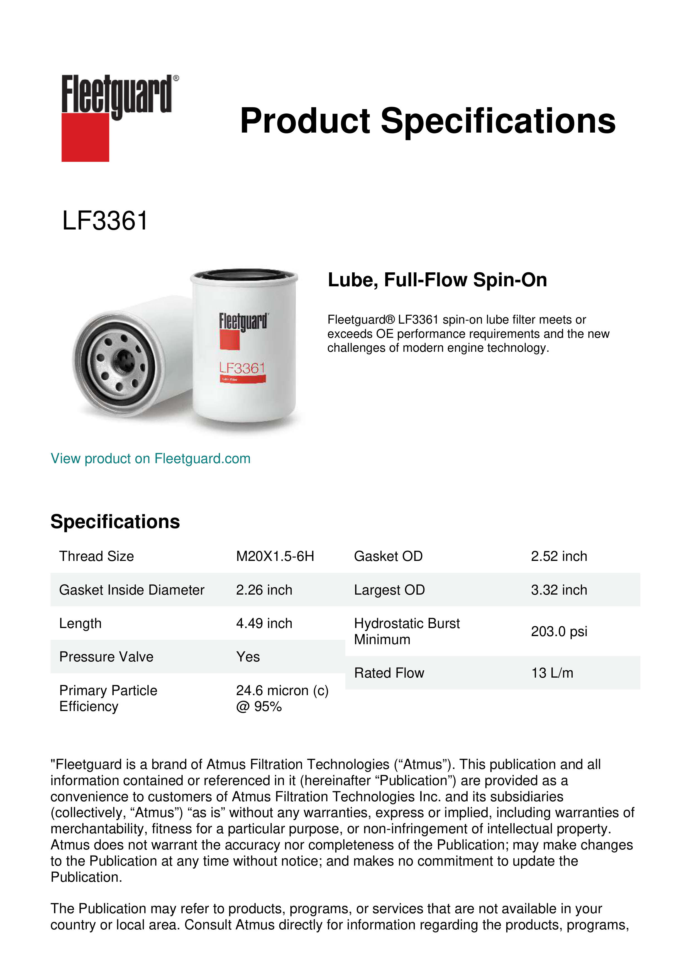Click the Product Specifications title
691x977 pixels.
pyautogui.click(x=428, y=121)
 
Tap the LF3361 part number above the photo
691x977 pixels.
pyautogui.click(x=105, y=221)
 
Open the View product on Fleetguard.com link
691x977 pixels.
pyautogui.click(x=150, y=458)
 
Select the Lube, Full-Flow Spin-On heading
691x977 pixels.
pyautogui.click(x=437, y=280)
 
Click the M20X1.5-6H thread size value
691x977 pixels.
pyautogui.click(x=275, y=556)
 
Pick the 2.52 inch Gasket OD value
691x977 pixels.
pyautogui.click(x=559, y=556)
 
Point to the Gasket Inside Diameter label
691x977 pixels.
pyautogui.click(x=131, y=590)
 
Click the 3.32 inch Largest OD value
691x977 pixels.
pyautogui.click(x=559, y=590)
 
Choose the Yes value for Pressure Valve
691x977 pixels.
pyautogui.click(x=248, y=657)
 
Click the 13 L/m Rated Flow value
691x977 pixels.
pyautogui.click(x=552, y=673)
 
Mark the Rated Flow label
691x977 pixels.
pyautogui.click(x=389, y=673)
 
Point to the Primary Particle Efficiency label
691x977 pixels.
pyautogui.click(x=108, y=698)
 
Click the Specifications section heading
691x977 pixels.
pyautogui.click(x=115, y=522)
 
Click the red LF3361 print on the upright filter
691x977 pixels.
pyautogui.click(x=242, y=368)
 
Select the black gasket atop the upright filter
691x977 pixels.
pyautogui.click(x=244, y=273)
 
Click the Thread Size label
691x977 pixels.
pyautogui.click(x=97, y=556)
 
